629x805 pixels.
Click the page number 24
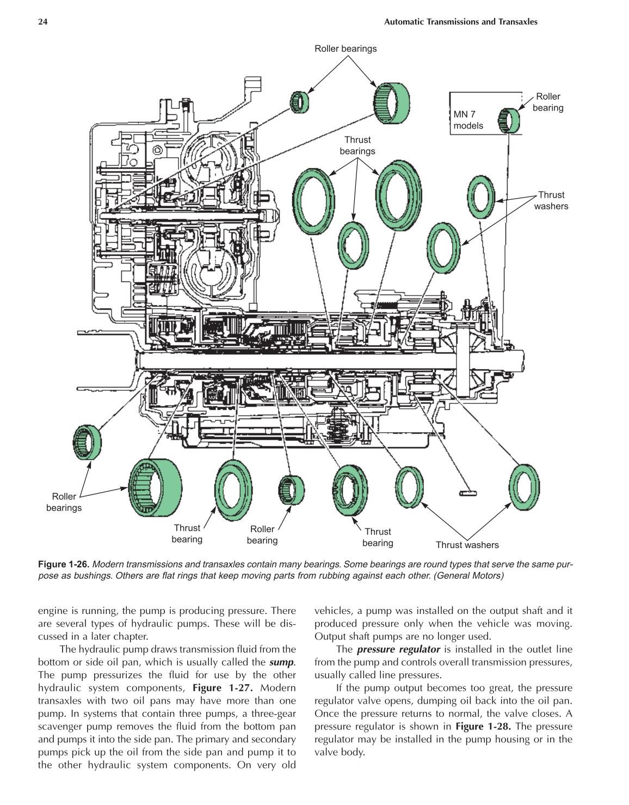tap(42, 22)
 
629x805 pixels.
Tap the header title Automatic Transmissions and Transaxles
tap(460, 22)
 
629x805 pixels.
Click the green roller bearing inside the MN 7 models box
tap(509, 120)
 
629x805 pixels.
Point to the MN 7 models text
tap(468, 120)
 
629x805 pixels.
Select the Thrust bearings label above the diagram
tap(357, 145)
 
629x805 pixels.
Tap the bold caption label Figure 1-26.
tap(64, 564)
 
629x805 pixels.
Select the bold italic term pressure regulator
tap(398, 649)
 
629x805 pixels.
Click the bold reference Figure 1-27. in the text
tap(223, 688)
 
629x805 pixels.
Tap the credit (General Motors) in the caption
tap(468, 576)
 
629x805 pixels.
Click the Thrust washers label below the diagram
tap(467, 545)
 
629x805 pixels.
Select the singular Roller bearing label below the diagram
tap(262, 534)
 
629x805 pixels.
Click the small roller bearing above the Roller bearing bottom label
tap(291, 490)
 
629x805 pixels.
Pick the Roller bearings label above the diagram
tap(346, 48)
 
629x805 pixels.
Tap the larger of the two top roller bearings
tap(392, 103)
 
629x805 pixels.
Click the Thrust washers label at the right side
tap(551, 200)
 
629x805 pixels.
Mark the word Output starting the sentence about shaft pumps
tap(330, 636)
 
